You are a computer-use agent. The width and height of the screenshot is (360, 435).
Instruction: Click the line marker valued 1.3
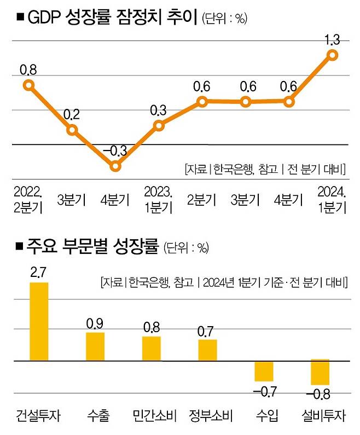(332, 54)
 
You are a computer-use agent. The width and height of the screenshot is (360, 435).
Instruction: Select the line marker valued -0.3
(115, 166)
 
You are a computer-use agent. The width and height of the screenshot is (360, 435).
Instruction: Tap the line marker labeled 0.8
(28, 84)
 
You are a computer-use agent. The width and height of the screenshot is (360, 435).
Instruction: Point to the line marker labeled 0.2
(72, 130)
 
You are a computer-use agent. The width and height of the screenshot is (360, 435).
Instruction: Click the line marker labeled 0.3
(159, 125)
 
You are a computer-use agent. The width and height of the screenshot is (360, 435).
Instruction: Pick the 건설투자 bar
(39, 322)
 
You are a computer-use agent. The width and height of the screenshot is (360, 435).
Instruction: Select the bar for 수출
(95, 346)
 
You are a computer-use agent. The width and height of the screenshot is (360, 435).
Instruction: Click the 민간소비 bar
(152, 349)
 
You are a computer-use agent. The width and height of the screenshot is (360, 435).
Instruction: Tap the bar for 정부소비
(207, 350)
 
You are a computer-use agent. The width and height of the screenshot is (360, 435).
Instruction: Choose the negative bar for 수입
(264, 371)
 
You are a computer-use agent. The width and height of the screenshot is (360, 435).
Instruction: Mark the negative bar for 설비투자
(320, 373)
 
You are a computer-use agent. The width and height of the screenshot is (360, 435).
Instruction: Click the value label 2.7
(38, 272)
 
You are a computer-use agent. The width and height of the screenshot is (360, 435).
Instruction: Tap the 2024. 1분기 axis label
(332, 199)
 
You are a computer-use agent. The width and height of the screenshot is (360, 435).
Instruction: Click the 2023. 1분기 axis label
(159, 199)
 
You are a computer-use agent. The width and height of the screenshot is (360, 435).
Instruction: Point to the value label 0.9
(95, 323)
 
